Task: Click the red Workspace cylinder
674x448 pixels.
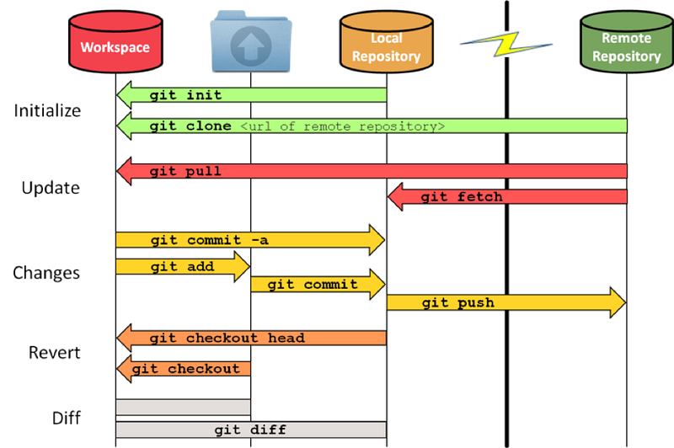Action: tap(115, 42)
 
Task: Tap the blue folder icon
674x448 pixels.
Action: tap(251, 41)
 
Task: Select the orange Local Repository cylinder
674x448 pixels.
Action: tap(387, 41)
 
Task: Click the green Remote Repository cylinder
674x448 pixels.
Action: tap(627, 41)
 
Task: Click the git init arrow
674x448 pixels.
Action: tap(251, 95)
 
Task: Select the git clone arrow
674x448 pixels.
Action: tap(372, 125)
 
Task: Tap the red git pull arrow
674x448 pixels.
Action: tap(372, 171)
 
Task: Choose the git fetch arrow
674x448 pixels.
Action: tap(507, 197)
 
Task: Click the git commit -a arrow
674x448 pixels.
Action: tap(250, 240)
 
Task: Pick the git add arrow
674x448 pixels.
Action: tap(183, 266)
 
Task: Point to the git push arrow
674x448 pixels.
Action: tap(506, 303)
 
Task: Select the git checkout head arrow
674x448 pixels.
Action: tap(251, 338)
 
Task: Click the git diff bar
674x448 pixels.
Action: tap(251, 429)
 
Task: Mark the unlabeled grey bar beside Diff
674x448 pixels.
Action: tap(183, 408)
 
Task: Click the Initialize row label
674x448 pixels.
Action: tap(47, 111)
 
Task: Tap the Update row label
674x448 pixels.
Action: tap(51, 188)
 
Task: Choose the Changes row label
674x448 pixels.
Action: tap(46, 273)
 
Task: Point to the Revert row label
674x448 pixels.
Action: tap(55, 353)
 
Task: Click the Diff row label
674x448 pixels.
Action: tap(67, 418)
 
